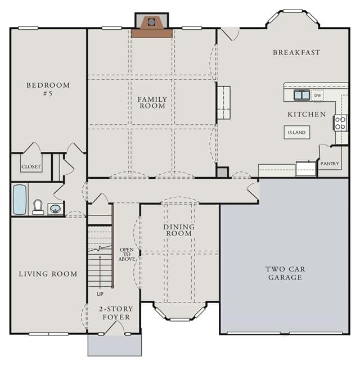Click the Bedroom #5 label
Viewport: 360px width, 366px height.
tap(48, 89)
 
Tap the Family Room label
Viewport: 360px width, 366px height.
tap(152, 103)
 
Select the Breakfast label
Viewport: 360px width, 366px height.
tap(296, 52)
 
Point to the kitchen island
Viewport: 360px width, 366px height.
tap(297, 132)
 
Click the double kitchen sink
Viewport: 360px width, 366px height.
tap(301, 95)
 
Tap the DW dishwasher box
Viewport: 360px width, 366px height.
tap(317, 96)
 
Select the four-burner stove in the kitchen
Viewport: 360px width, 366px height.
tap(340, 123)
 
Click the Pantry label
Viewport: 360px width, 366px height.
tap(330, 164)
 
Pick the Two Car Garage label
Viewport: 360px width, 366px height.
tap(285, 273)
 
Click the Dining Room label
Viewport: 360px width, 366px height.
tap(179, 230)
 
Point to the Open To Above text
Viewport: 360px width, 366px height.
tap(127, 254)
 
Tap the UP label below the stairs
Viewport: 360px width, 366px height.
tap(100, 294)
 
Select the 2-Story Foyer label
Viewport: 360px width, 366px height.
tap(116, 313)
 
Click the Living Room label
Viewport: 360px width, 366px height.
tap(48, 274)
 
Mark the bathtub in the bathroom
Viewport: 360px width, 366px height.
tap(20, 200)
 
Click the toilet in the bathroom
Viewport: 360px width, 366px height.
tap(38, 207)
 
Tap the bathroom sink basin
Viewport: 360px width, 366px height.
tap(55, 209)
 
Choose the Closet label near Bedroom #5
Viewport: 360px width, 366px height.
tap(31, 166)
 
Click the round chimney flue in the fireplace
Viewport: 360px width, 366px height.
tap(151, 22)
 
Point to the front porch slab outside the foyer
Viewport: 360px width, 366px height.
tap(115, 346)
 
